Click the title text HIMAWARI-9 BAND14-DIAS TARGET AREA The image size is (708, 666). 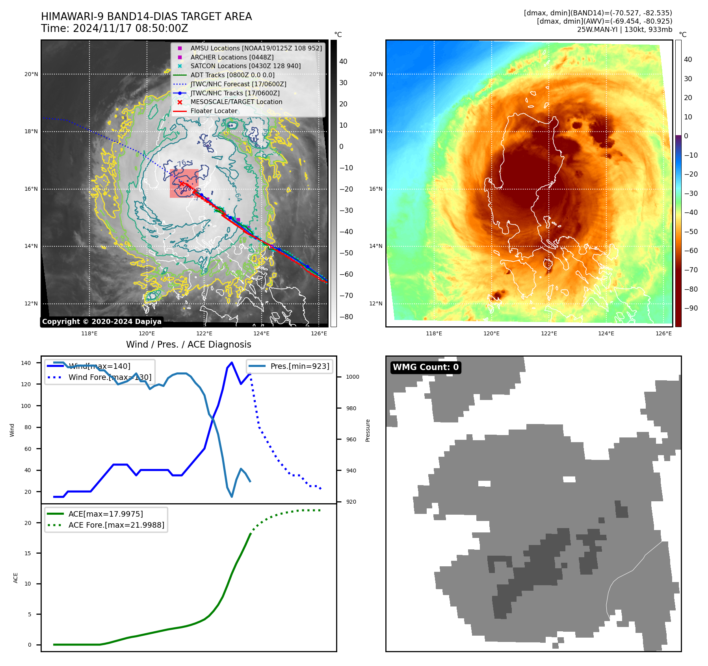pyautogui.click(x=146, y=17)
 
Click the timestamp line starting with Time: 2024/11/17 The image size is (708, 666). pyautogui.click(x=114, y=28)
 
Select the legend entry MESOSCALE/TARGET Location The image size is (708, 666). pyautogui.click(x=236, y=102)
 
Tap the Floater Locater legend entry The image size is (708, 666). pyautogui.click(x=214, y=111)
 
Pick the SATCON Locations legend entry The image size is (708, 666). pyautogui.click(x=245, y=66)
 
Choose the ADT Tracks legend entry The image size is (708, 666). pyautogui.click(x=232, y=75)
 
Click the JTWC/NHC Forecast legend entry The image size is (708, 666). pyautogui.click(x=238, y=84)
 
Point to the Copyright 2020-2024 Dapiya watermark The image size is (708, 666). pyautogui.click(x=102, y=322)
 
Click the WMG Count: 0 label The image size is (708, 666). pyautogui.click(x=426, y=367)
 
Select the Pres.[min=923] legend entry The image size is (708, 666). pyautogui.click(x=299, y=366)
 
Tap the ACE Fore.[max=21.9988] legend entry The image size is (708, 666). pyautogui.click(x=116, y=525)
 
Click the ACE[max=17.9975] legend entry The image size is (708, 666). pyautogui.click(x=105, y=514)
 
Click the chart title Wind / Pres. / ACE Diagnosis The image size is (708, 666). pyautogui.click(x=188, y=344)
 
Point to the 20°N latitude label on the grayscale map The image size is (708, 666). pyautogui.click(x=32, y=74)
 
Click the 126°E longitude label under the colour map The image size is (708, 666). pyautogui.click(x=663, y=333)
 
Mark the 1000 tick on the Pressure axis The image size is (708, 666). pyautogui.click(x=352, y=377)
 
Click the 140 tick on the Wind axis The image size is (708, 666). pyautogui.click(x=26, y=363)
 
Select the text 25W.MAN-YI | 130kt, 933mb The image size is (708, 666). pyautogui.click(x=624, y=30)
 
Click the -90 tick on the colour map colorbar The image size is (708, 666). pyautogui.click(x=691, y=308)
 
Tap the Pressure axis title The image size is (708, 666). pyautogui.click(x=368, y=430)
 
